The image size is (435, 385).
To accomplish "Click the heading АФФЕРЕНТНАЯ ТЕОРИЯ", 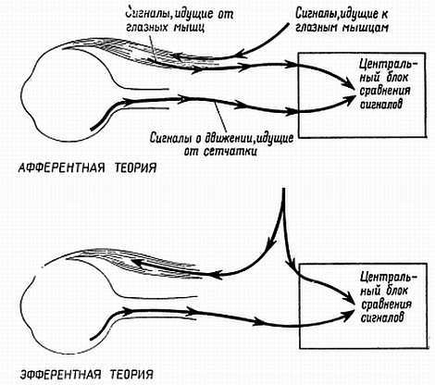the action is click(87, 168).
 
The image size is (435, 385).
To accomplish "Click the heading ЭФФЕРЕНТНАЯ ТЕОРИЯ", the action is click(87, 375).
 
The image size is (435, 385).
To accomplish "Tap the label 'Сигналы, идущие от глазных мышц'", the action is click(180, 20).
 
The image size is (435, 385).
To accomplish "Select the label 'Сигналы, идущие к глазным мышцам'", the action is click(342, 20).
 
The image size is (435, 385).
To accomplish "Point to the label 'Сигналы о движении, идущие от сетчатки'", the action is click(221, 144).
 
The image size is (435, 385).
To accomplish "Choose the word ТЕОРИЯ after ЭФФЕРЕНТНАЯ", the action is click(132, 375).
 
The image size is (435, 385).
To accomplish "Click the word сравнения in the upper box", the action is click(385, 91).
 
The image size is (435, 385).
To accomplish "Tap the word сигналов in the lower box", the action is click(382, 317).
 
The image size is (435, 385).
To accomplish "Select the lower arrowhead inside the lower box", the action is click(349, 315).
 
